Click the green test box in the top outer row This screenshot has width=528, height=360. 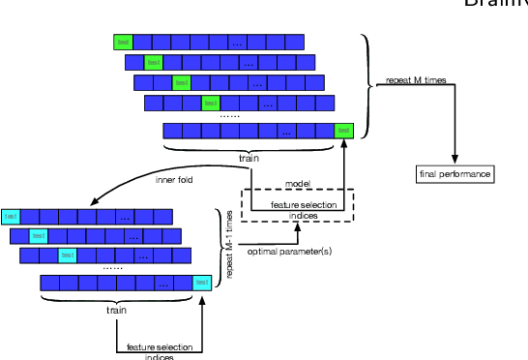click(x=123, y=42)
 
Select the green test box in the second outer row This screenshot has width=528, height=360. click(x=153, y=62)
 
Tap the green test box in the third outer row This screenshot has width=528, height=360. click(x=181, y=82)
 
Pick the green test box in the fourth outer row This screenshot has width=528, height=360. click(x=210, y=103)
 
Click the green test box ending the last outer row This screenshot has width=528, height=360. click(x=343, y=131)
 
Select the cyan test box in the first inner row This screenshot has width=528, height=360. click(x=11, y=216)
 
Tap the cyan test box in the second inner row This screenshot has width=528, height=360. click(x=39, y=235)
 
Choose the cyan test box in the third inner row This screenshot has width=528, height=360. click(x=68, y=255)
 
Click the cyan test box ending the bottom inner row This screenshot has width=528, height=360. click(x=202, y=283)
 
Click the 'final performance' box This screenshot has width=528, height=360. click(x=455, y=174)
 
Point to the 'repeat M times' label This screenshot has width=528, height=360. click(x=416, y=80)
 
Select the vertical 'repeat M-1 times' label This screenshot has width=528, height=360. click(x=230, y=246)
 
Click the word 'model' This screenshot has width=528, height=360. click(x=296, y=184)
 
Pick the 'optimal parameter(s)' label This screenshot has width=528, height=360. click(x=289, y=252)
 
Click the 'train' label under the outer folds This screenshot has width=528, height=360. click(x=249, y=157)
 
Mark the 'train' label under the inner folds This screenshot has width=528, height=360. click(x=115, y=310)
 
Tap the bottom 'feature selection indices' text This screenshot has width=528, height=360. click(x=159, y=351)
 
